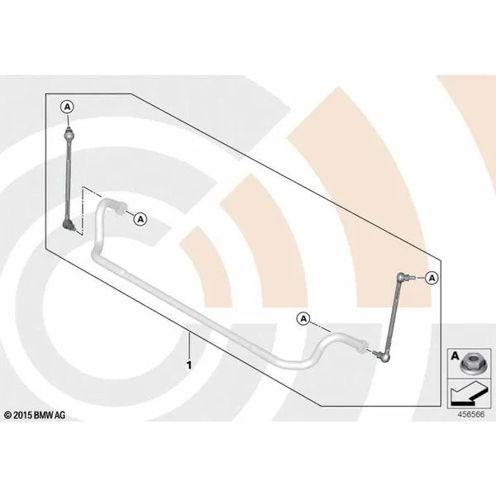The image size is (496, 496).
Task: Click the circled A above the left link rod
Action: (x=68, y=107)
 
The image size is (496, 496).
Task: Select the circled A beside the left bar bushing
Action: (x=141, y=219)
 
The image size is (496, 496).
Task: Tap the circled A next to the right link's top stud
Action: (x=432, y=278)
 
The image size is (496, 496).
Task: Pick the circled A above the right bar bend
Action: (x=303, y=319)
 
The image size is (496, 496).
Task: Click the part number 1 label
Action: (x=189, y=365)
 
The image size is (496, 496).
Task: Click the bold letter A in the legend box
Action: (x=455, y=356)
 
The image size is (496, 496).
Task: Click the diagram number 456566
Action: (x=471, y=414)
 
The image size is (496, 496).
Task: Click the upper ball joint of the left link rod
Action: (x=68, y=135)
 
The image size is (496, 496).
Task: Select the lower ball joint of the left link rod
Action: (x=69, y=225)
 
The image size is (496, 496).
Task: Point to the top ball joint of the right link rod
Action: (x=403, y=277)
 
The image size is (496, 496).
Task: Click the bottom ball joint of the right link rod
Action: (x=384, y=356)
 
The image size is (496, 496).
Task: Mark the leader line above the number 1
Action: (x=189, y=346)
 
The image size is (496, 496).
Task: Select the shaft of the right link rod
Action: (x=394, y=317)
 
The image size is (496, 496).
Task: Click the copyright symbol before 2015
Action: (x=8, y=415)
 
